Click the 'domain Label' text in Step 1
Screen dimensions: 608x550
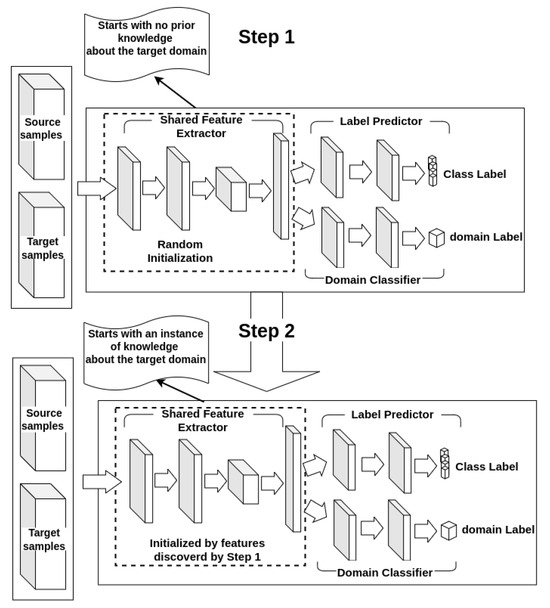[x=485, y=236]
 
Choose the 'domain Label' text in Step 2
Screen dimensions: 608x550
[x=497, y=529]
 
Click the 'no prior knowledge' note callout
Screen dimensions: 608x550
[x=150, y=39]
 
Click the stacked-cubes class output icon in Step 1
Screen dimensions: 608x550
[x=432, y=173]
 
